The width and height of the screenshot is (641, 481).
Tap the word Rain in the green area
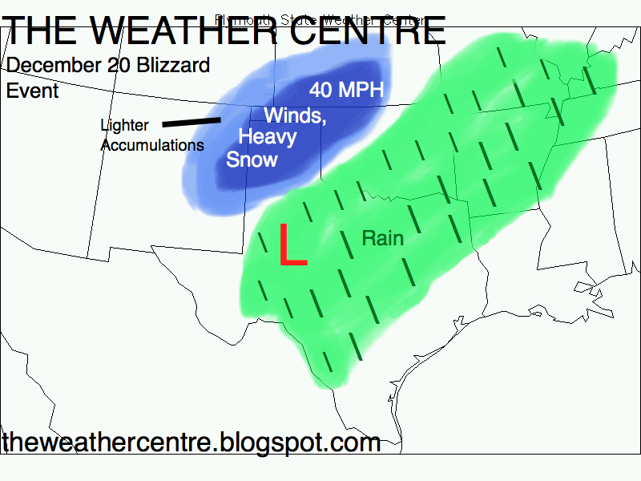click(x=382, y=238)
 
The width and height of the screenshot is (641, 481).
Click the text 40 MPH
click(x=347, y=90)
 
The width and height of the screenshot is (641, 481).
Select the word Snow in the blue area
click(x=252, y=159)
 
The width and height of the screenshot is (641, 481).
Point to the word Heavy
click(x=268, y=136)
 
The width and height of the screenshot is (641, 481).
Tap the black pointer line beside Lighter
click(x=191, y=123)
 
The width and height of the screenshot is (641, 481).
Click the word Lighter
click(x=124, y=126)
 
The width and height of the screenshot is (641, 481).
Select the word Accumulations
click(x=151, y=145)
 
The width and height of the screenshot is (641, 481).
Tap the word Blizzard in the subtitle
click(x=171, y=65)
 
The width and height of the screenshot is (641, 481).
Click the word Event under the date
click(x=32, y=91)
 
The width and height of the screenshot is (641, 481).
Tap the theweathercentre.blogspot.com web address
click(x=191, y=442)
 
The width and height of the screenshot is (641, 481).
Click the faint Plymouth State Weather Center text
click(x=319, y=18)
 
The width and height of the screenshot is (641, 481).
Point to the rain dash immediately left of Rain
click(x=344, y=236)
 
